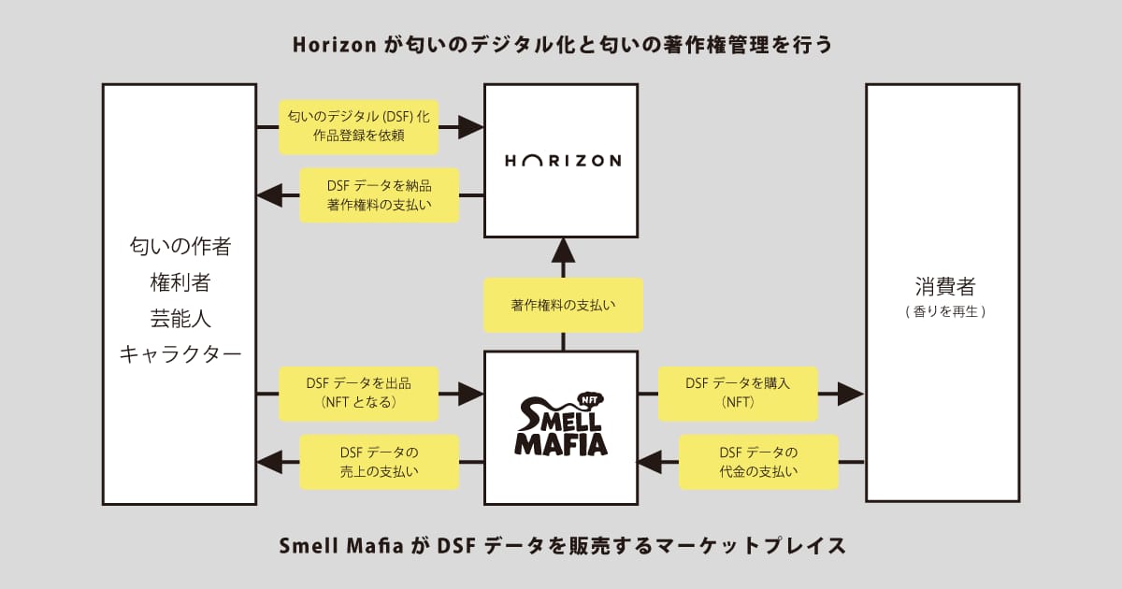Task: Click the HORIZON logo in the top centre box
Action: [563, 161]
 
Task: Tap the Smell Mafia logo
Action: [561, 424]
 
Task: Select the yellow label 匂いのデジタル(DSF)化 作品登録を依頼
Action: [359, 127]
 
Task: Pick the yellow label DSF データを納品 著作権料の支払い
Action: [380, 195]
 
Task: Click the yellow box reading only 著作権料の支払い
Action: [563, 305]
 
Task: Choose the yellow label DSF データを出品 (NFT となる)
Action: [359, 394]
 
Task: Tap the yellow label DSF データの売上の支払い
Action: [380, 462]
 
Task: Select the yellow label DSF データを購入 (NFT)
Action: [738, 394]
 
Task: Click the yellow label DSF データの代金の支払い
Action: [758, 462]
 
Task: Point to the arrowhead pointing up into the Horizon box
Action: [563, 250]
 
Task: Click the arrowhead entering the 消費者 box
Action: [851, 394]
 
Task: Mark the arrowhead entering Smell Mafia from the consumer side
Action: [650, 462]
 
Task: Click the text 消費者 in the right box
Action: [945, 286]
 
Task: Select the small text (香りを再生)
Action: [945, 311]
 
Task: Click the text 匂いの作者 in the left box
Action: [180, 247]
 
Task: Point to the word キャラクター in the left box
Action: [180, 354]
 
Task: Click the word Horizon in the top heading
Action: [335, 45]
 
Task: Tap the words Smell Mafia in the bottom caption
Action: [341, 545]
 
